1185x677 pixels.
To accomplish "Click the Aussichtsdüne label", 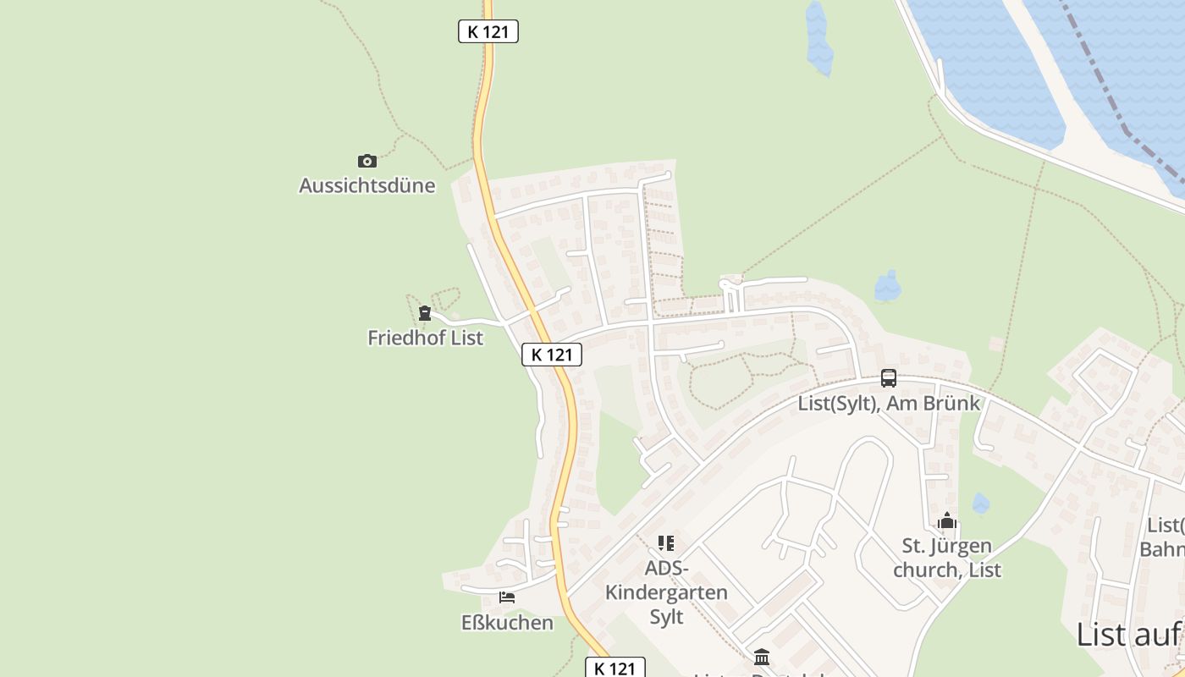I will coord(367,185).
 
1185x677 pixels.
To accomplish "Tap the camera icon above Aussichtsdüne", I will coord(367,161).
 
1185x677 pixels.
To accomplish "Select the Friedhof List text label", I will coord(425,338).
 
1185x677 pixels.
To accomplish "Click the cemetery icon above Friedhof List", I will coord(425,313).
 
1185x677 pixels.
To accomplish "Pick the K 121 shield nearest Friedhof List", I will coord(552,355).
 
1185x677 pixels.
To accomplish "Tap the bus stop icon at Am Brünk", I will coord(888,378).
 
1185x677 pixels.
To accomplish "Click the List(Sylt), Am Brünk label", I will coord(889,403).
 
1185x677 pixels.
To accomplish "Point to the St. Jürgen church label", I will coord(946,558).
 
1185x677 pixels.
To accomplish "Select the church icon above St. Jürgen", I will coord(946,520).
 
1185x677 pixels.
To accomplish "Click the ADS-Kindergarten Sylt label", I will coord(666,592).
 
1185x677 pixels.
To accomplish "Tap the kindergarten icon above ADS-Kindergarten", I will coord(666,542).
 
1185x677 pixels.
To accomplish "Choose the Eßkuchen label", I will coord(507,623).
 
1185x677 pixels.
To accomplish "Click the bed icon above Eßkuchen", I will coord(507,597).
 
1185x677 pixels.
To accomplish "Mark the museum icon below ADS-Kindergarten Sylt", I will coord(761,657).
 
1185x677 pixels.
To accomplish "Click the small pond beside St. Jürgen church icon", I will coord(980,504).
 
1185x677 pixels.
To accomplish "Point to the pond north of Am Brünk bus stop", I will coord(887,287).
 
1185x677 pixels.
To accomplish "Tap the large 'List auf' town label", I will coord(1129,634).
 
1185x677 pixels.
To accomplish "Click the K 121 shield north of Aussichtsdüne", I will coord(488,31).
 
